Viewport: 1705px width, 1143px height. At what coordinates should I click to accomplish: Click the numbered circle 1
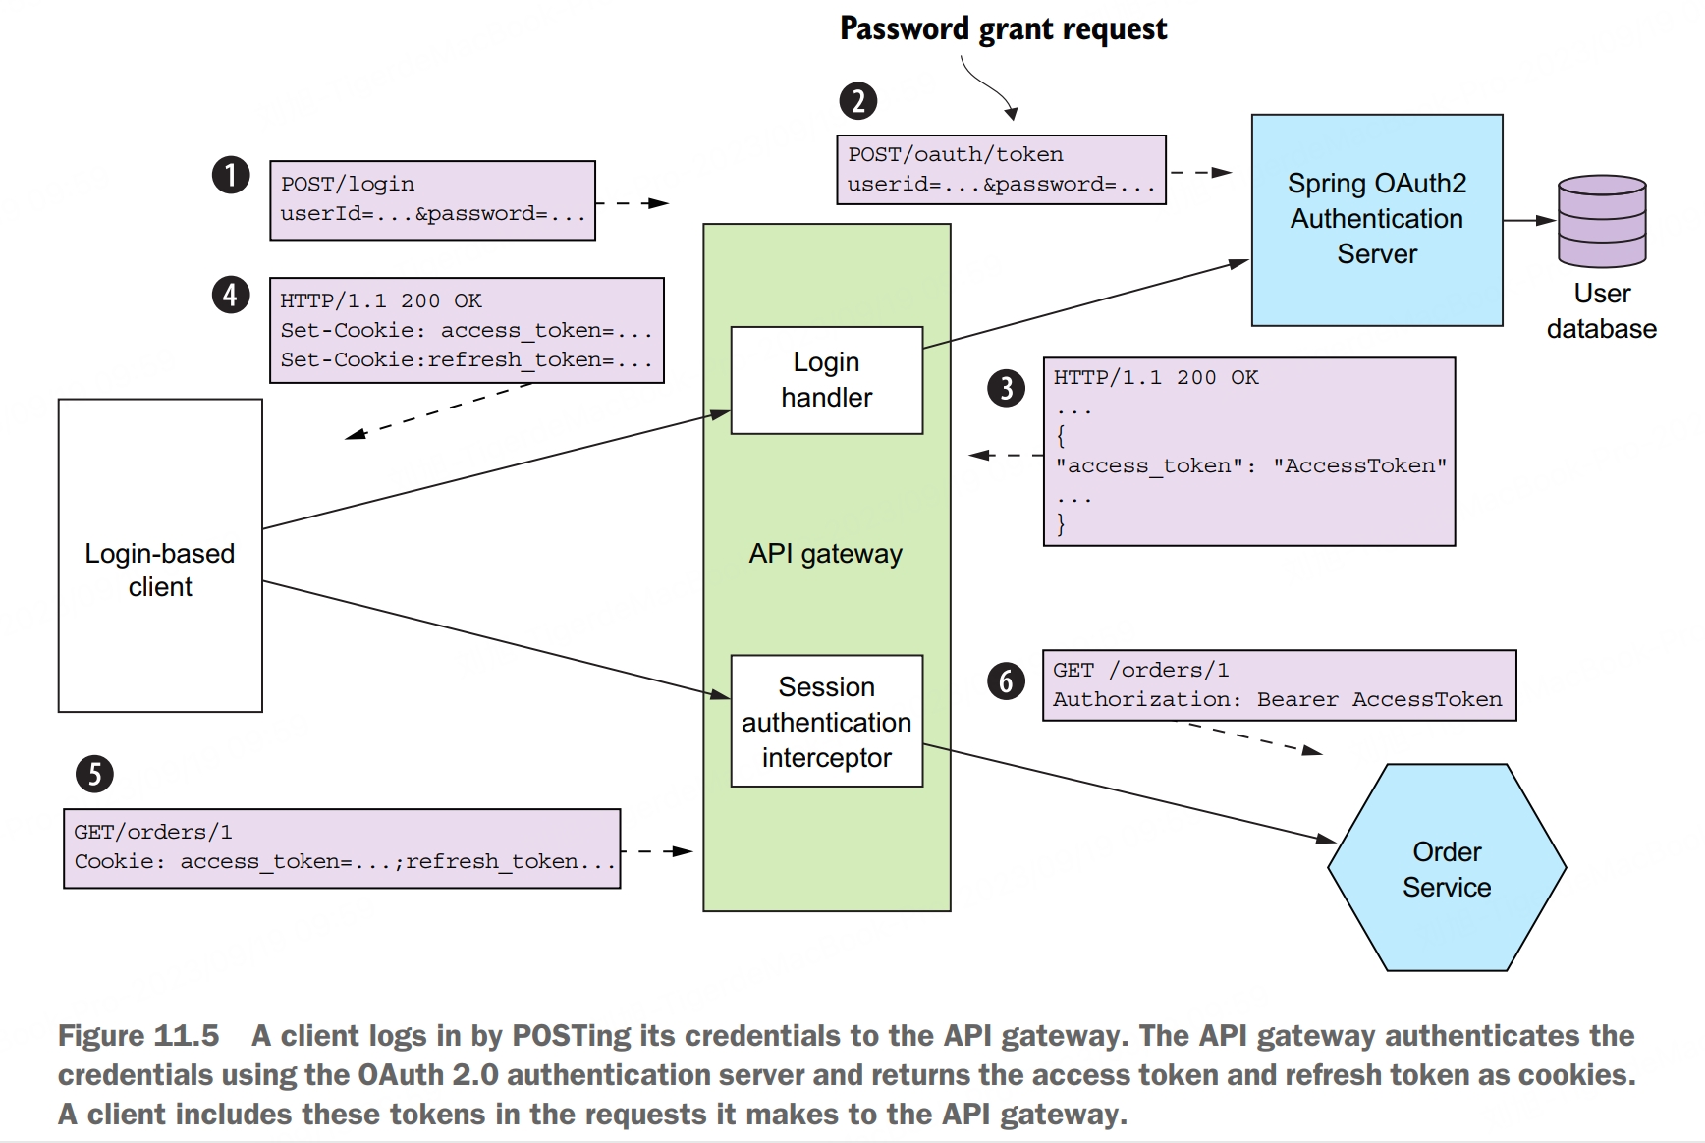point(231,176)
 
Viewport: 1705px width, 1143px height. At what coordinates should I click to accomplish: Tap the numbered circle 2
point(857,101)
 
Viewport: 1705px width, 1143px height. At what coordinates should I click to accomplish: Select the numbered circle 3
point(1006,388)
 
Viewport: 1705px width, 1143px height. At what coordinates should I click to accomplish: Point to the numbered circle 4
point(231,295)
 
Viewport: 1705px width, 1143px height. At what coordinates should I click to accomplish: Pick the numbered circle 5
point(94,774)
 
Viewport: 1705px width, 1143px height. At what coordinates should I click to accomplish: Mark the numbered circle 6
point(1006,681)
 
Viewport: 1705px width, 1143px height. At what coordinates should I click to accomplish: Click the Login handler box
point(826,380)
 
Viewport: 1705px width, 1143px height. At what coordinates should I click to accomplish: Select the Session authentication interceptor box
point(826,722)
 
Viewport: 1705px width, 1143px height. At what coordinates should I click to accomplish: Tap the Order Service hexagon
point(1446,869)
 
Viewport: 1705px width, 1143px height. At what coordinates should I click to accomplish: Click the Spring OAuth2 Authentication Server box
point(1376,219)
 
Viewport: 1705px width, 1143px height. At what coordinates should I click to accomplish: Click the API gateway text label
point(825,554)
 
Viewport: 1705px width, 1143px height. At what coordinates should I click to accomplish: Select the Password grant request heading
point(1003,28)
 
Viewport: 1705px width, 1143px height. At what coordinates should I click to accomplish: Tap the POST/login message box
point(432,199)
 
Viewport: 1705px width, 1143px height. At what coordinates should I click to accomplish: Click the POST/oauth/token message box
point(1000,170)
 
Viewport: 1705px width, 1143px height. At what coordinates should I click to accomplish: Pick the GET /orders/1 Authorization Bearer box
point(1278,684)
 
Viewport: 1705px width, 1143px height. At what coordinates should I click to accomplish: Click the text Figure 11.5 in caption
point(137,1036)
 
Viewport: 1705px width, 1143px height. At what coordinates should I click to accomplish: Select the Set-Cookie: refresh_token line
point(466,360)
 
